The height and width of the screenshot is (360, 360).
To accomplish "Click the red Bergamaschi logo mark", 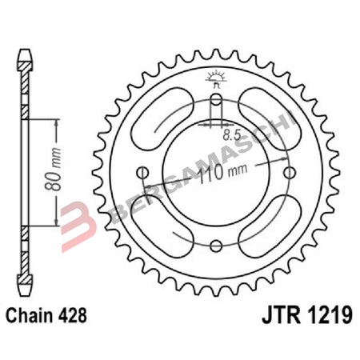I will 75,217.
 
